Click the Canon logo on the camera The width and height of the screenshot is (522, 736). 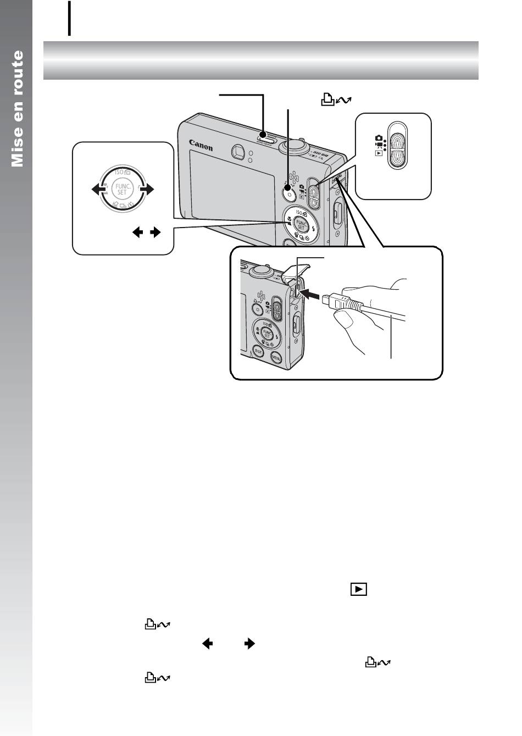(201, 144)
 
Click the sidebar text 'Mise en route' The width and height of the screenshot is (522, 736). (18, 108)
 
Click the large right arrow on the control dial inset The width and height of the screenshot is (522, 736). (147, 190)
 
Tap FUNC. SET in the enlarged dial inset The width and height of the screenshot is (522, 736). (122, 190)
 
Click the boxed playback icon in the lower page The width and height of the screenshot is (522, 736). (357, 589)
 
